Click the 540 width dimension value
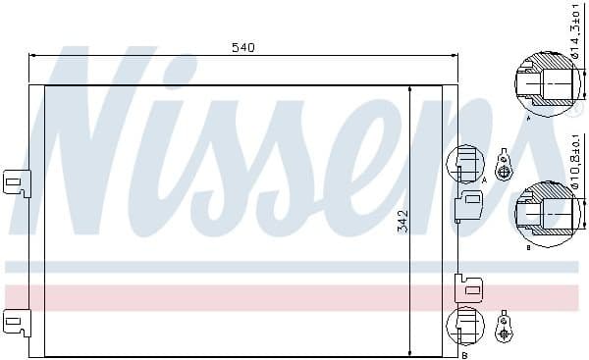(x=243, y=47)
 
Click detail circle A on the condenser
(x=465, y=163)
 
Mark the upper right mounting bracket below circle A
(x=468, y=203)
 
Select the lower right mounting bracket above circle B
(x=468, y=286)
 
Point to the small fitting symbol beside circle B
(x=504, y=328)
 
